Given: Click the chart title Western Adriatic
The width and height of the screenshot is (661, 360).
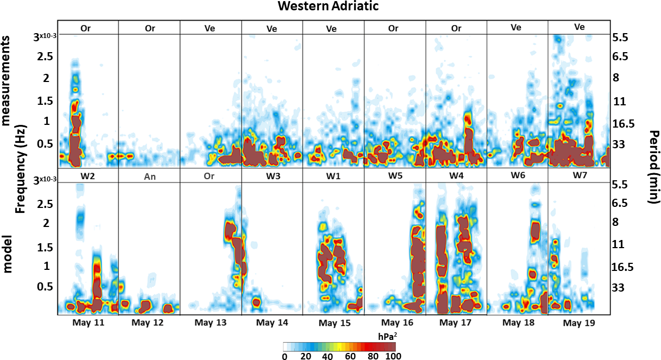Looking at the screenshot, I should [328, 7].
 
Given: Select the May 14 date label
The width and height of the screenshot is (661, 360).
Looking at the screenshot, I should [272, 323].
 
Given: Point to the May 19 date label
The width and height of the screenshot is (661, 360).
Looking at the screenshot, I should [578, 323].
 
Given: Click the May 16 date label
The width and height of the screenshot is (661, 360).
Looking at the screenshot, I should [395, 323].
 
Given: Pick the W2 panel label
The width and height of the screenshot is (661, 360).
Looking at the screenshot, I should [87, 176].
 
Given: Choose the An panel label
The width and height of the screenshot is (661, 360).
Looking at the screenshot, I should [149, 176].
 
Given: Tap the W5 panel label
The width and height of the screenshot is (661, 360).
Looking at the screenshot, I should [395, 176].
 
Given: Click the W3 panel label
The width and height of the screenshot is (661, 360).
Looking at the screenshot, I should [272, 176].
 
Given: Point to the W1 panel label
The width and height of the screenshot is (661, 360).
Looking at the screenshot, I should [333, 176].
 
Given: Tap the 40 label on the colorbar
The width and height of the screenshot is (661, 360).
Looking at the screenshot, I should [328, 356].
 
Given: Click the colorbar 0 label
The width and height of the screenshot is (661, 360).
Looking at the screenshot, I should [284, 356].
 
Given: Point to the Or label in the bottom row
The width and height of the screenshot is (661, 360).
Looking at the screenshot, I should [210, 176].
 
